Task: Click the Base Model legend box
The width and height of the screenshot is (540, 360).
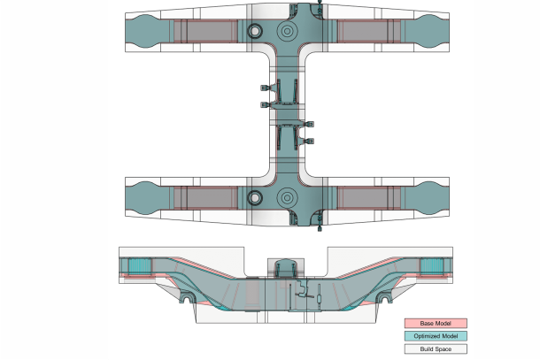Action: [x=435, y=324]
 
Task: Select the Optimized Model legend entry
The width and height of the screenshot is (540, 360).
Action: [x=435, y=336]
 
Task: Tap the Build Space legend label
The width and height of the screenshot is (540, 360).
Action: [x=435, y=349]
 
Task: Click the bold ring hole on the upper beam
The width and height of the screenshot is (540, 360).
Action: [x=255, y=31]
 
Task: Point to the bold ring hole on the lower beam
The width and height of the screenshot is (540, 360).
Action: [x=255, y=196]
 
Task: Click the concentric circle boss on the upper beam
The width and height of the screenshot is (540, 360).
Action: [x=287, y=31]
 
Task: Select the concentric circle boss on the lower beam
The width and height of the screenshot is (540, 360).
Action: [x=287, y=196]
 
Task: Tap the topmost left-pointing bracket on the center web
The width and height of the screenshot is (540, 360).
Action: [x=265, y=88]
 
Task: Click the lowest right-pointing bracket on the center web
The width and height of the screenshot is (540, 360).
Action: [x=309, y=142]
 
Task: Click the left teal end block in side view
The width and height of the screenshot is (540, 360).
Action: [x=139, y=266]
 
